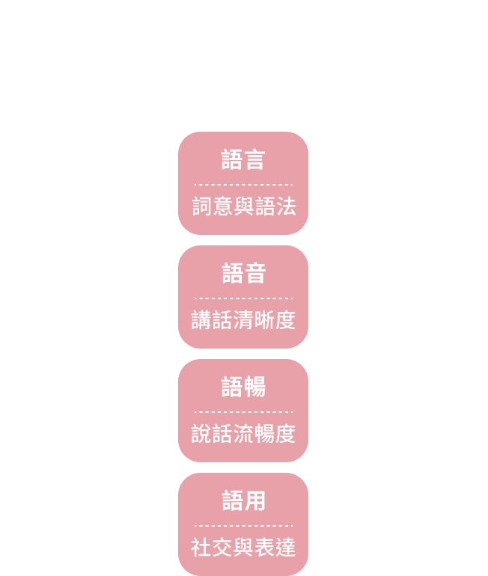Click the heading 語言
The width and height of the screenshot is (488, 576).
point(243,160)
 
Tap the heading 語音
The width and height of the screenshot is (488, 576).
point(243,273)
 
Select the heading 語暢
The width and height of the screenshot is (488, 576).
point(243,387)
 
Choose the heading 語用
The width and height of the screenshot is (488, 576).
point(243,500)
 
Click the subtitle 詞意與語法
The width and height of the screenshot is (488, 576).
point(244,206)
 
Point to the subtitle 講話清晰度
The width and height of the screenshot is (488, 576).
point(243,320)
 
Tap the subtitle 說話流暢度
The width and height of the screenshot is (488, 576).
point(243,433)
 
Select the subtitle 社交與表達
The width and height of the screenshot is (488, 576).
point(243,547)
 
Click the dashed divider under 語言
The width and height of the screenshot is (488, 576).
point(243,185)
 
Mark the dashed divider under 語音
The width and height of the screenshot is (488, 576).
point(243,298)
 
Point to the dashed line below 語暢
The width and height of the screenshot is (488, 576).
point(243,412)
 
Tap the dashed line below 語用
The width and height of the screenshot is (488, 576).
point(243,526)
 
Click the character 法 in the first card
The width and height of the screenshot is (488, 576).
point(286,206)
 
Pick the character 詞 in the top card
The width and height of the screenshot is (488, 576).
point(202,206)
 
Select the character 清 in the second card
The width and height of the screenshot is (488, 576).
point(243,320)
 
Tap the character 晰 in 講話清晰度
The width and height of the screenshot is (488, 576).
point(264,320)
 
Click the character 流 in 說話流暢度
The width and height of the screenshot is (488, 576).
point(243,433)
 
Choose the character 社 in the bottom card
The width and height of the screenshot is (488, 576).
point(201,547)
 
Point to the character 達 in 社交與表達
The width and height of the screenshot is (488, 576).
point(285,547)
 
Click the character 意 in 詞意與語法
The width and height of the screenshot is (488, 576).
point(223,206)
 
